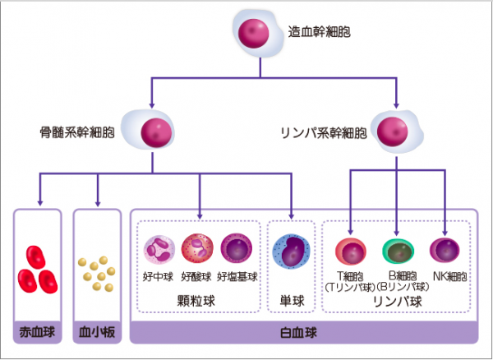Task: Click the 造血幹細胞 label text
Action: [319, 32]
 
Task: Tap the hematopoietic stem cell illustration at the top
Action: [258, 34]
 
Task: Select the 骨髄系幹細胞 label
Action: [77, 132]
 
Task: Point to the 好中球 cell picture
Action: [159, 250]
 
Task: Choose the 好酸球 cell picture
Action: [197, 249]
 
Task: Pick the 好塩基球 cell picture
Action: [237, 249]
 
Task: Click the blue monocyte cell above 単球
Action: [291, 252]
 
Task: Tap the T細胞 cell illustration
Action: [351, 252]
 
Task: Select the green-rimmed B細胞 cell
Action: [398, 252]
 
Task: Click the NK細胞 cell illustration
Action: [445, 250]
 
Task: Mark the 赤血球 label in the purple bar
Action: [37, 332]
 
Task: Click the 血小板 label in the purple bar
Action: [97, 332]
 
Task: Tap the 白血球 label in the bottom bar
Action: [298, 333]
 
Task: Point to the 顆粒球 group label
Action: [196, 301]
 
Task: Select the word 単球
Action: [292, 301]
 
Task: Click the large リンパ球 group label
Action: [398, 301]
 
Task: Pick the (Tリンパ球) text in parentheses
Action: [350, 287]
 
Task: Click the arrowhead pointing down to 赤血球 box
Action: [40, 203]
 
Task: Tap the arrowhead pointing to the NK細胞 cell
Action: [445, 233]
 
